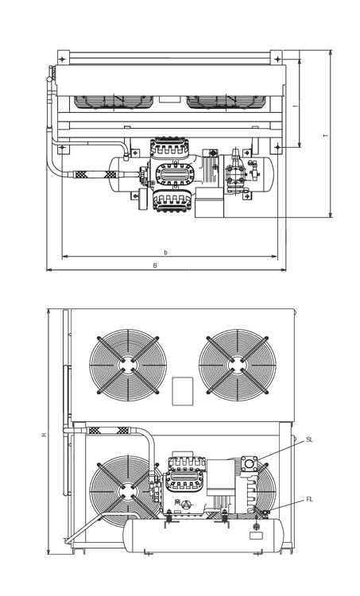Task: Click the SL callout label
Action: (x=309, y=439)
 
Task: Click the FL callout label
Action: (x=309, y=500)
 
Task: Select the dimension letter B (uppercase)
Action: (x=155, y=265)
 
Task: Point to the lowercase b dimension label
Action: (x=165, y=252)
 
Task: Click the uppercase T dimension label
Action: (x=325, y=135)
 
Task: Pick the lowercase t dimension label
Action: (x=296, y=106)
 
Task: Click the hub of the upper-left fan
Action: (x=128, y=365)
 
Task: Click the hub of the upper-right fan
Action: (x=237, y=365)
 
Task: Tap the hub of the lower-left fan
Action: (x=128, y=491)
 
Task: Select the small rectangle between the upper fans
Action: (x=183, y=391)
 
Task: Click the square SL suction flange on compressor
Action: (x=250, y=464)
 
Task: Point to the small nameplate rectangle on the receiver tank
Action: (x=256, y=535)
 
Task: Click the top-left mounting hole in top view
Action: (x=63, y=60)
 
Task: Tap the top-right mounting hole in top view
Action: (x=277, y=60)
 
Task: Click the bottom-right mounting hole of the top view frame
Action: (x=278, y=147)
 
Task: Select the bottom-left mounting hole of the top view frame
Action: (x=63, y=147)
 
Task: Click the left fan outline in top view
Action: (x=114, y=103)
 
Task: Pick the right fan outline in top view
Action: (x=226, y=103)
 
